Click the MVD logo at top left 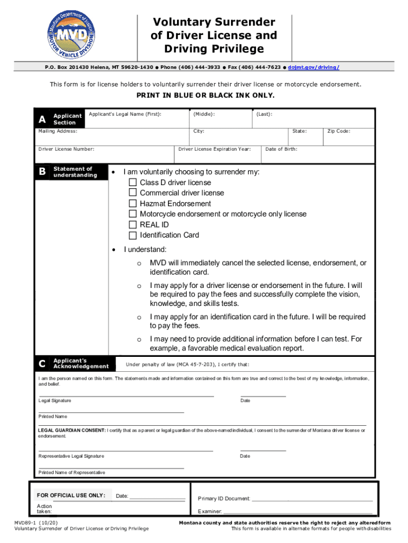[72, 35]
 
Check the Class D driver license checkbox [133, 182]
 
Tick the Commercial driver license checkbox [133, 193]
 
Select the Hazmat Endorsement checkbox [133, 204]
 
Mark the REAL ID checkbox [133, 225]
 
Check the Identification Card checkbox [133, 235]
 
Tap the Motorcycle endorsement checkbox [133, 214]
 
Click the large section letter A [42, 119]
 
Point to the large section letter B [42, 172]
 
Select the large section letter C [42, 364]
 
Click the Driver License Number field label [66, 149]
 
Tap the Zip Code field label [339, 131]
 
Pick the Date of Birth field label [281, 149]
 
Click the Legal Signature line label [55, 400]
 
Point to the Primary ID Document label [224, 498]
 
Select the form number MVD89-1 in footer [26, 522]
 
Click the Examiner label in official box [209, 512]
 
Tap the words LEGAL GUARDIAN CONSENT [72, 431]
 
